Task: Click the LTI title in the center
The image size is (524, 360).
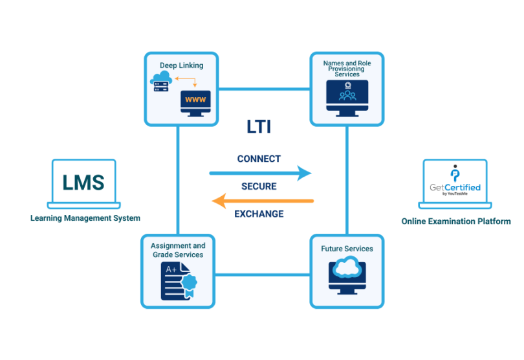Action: [259, 127]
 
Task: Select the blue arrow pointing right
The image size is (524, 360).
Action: [260, 173]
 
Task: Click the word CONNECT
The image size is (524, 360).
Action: [259, 159]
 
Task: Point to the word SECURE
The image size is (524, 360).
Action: [259, 186]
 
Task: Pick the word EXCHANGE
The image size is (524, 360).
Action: [259, 214]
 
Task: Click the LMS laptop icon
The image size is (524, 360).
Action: [83, 184]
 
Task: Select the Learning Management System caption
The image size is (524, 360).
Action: [85, 218]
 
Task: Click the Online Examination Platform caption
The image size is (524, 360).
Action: [455, 221]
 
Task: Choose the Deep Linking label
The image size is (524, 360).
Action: [181, 65]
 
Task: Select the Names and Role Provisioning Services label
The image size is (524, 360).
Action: [347, 69]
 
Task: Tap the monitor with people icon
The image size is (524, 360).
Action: [347, 96]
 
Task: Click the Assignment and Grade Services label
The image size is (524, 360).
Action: [178, 250]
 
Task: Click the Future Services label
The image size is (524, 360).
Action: [347, 249]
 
